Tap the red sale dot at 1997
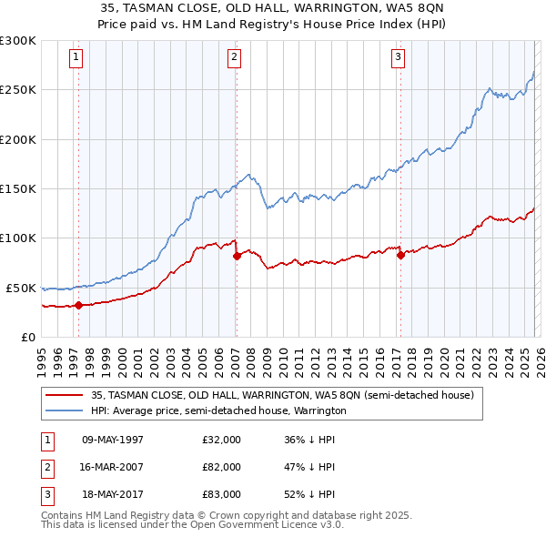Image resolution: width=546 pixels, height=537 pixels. coord(78,305)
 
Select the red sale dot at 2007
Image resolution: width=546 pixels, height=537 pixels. coord(237,256)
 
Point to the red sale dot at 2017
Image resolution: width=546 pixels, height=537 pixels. coord(400,255)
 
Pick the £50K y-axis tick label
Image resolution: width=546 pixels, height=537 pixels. coord(21,288)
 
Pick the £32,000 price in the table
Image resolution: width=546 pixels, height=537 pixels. coord(221,440)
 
